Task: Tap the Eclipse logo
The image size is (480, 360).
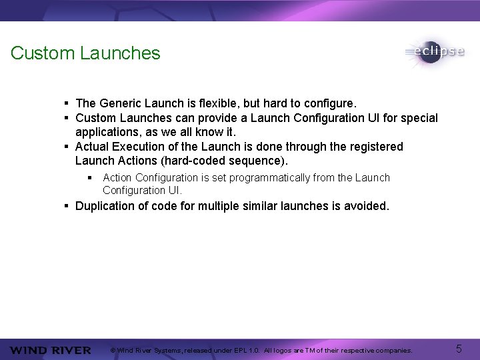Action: tap(434, 52)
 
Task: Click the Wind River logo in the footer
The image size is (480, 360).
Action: tap(51, 351)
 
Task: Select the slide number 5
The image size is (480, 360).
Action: tap(459, 349)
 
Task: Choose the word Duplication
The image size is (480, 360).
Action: tap(105, 206)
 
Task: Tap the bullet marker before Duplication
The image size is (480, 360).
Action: tap(67, 206)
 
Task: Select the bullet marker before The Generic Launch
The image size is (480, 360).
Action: tap(67, 103)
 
